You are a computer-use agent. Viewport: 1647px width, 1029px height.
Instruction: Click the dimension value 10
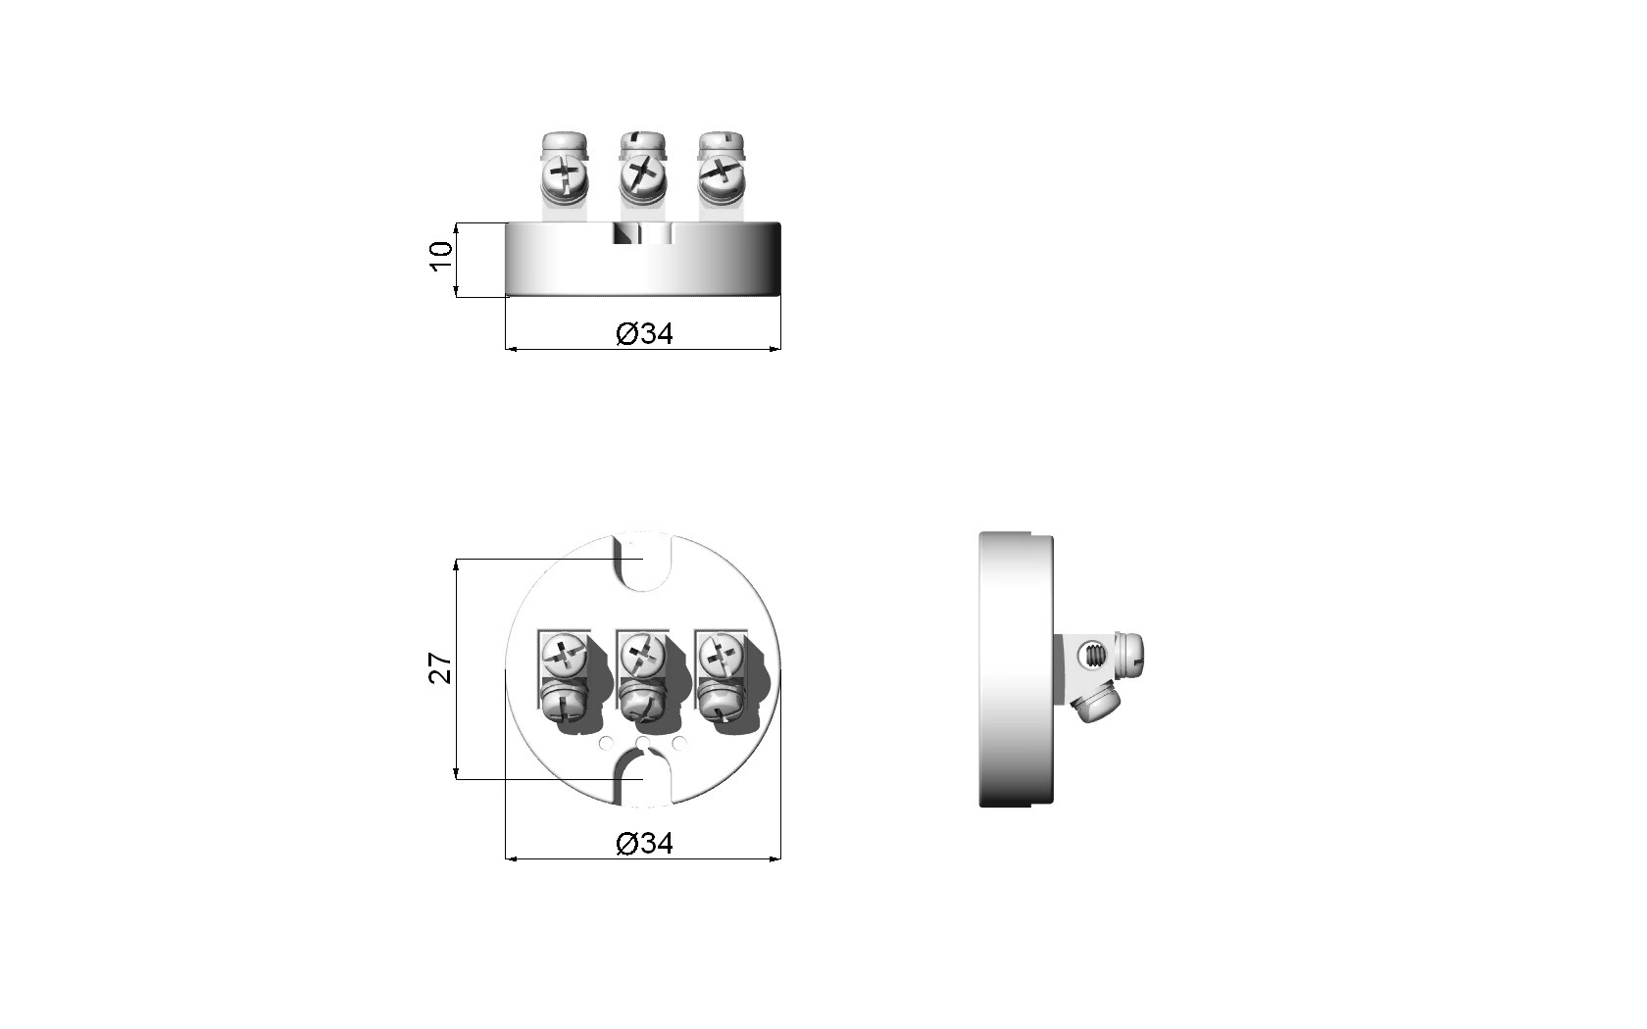[441, 256]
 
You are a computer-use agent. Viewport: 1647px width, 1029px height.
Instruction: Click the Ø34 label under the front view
[644, 333]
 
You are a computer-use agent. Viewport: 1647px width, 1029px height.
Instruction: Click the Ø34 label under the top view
[644, 843]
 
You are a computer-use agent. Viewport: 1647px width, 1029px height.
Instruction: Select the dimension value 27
[440, 668]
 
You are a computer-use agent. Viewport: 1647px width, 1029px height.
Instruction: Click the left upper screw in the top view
[564, 655]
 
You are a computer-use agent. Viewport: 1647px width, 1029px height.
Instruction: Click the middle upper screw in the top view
[643, 655]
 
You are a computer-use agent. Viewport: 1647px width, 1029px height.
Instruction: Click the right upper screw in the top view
[721, 655]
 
